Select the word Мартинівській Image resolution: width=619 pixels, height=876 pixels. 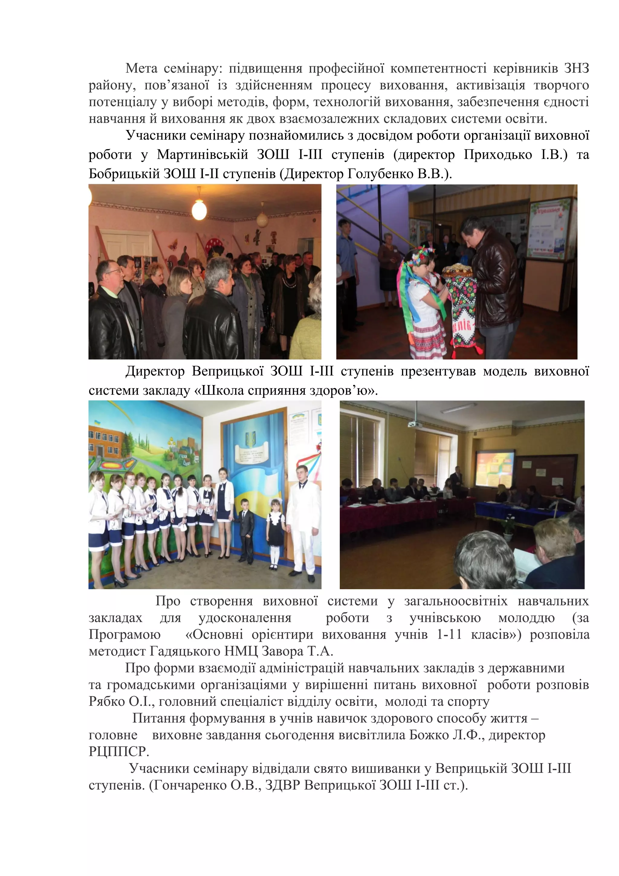click(x=202, y=155)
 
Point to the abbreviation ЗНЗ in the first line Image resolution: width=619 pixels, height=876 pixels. click(x=576, y=68)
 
